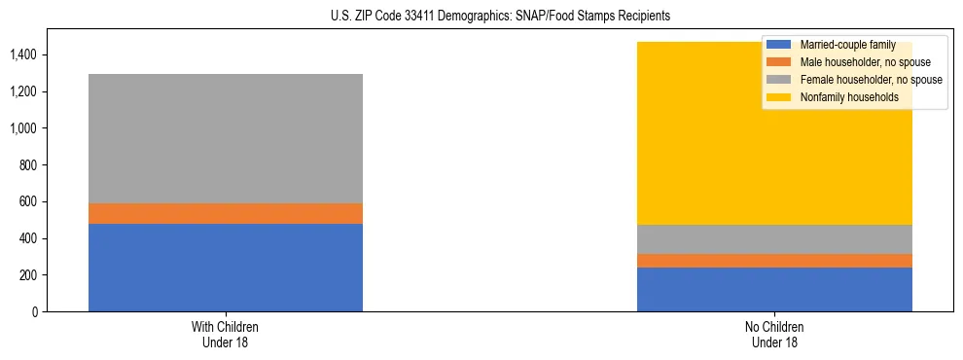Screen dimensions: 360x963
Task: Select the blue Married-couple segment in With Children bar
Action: tap(225, 268)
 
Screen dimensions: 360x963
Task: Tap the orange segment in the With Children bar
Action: tap(225, 213)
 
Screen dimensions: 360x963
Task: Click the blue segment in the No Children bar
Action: tap(774, 289)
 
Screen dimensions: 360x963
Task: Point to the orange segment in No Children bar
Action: tap(774, 261)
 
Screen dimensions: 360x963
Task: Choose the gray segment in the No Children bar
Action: tap(774, 239)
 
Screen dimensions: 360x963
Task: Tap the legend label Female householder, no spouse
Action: tap(871, 80)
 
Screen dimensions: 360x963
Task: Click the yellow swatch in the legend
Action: tap(780, 97)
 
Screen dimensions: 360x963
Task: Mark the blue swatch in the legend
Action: tap(780, 45)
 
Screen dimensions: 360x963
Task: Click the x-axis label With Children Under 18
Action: tap(225, 335)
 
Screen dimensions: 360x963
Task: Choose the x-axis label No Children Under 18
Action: tap(774, 335)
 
